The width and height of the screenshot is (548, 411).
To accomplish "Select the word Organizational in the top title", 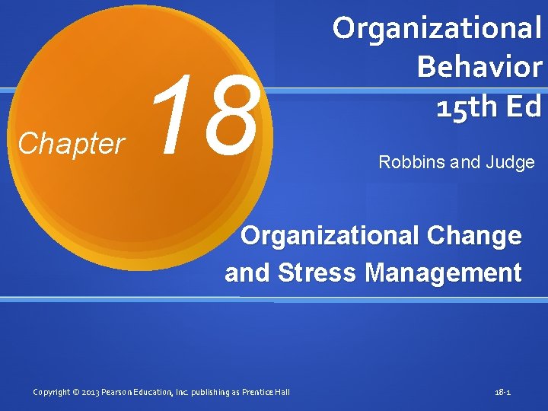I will coord(437,29).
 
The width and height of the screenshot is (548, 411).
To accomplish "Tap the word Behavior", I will coord(479,67).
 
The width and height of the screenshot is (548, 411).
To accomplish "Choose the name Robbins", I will coord(409,162).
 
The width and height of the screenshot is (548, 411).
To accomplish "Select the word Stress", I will coord(311,272).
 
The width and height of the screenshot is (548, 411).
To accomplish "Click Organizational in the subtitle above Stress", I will coord(329,236).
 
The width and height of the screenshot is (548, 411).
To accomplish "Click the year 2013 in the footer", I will coord(90,392).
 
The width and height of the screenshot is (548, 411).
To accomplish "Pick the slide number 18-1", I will coord(502,392).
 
